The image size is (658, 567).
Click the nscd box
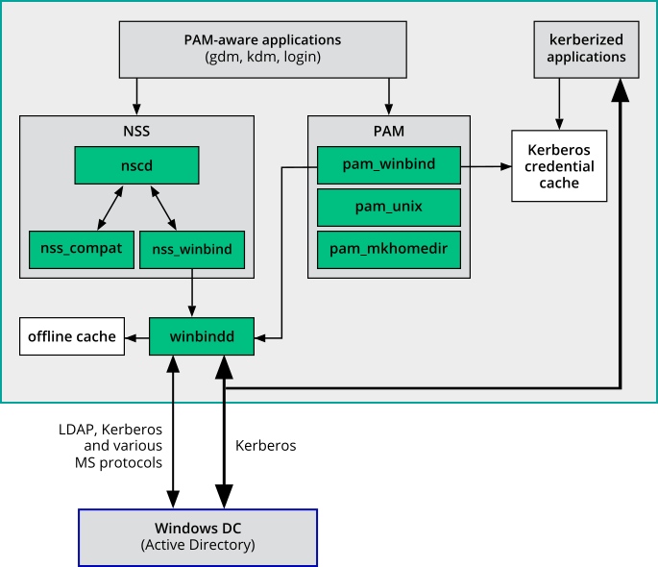(x=136, y=165)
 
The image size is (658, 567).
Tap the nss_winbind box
(x=192, y=249)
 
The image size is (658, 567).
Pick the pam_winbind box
(x=388, y=164)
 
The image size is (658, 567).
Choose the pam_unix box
(x=388, y=206)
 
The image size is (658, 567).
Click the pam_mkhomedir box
(x=388, y=249)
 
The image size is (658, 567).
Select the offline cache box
(x=72, y=336)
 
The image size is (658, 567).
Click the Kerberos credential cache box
(x=559, y=165)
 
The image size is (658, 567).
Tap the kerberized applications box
(x=587, y=49)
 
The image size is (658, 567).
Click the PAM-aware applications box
(x=262, y=49)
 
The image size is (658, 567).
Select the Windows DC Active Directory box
(x=198, y=537)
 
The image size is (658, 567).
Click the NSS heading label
(x=136, y=129)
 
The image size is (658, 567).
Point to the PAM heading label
(x=388, y=129)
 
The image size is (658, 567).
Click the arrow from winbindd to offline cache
(x=137, y=336)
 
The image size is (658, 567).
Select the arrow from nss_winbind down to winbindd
(x=193, y=292)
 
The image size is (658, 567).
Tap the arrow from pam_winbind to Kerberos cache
(x=486, y=166)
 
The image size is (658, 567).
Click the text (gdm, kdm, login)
(x=262, y=57)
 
